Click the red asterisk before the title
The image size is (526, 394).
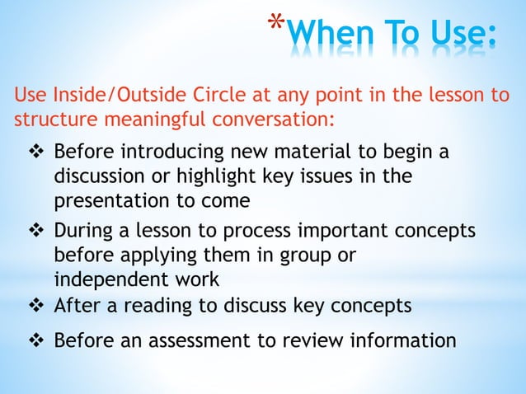(x=276, y=23)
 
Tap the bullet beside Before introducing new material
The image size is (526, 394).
(x=37, y=153)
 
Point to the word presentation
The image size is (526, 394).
(x=107, y=199)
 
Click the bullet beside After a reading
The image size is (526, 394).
(x=37, y=306)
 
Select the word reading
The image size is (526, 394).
(x=165, y=306)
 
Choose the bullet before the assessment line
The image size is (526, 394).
(x=37, y=340)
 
